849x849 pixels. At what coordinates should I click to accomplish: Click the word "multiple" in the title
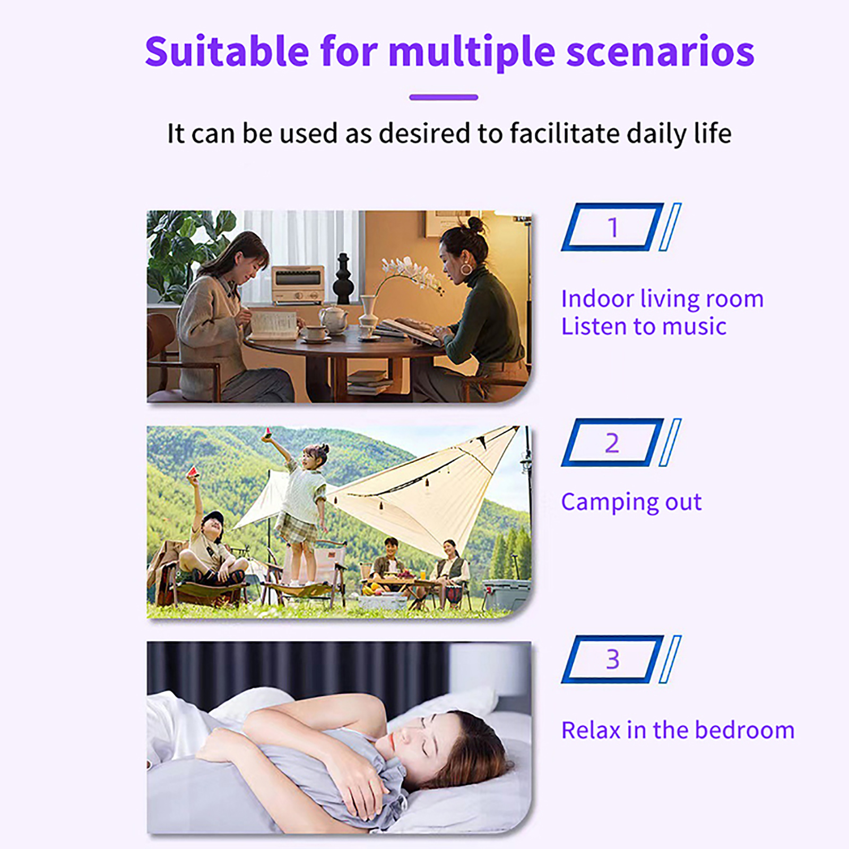pos(472,53)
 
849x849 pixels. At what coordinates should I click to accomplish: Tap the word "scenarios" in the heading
pos(660,52)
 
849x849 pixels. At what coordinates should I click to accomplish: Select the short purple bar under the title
pos(444,97)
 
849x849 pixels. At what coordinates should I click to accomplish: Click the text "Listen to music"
pos(644,326)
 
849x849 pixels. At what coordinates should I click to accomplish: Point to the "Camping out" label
pos(631,502)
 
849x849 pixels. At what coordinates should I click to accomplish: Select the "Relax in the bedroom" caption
pos(678,730)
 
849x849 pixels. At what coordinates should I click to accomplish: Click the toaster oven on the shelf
pos(298,284)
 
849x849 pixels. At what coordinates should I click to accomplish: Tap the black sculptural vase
pos(343,279)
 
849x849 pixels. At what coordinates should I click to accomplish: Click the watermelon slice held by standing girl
pos(267,434)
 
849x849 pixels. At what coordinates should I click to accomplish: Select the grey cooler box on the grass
pos(506,594)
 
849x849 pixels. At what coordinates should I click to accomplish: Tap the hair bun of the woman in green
pos(475,225)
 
